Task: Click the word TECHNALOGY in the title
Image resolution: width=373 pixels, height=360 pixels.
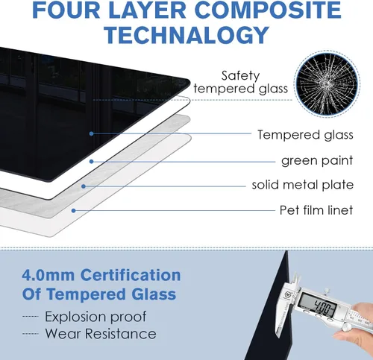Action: coord(186,35)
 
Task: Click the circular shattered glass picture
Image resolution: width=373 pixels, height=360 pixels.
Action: coord(327,83)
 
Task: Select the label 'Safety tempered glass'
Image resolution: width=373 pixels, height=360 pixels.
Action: coord(240,82)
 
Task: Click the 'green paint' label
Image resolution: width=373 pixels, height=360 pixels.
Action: coord(317,160)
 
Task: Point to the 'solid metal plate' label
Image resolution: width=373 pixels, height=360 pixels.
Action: coord(303,185)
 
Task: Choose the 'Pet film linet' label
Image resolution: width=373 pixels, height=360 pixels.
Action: coord(316,210)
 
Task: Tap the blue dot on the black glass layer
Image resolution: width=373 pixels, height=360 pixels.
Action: coord(92,133)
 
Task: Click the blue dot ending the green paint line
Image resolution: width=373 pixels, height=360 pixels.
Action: coord(92,162)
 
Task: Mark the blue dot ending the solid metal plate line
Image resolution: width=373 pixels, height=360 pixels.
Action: coord(84,186)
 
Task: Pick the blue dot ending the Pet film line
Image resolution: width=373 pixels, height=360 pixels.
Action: coord(73,211)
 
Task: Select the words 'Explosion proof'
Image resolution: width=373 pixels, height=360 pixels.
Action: coord(95,317)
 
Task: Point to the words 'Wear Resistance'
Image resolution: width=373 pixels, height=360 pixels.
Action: coord(101,333)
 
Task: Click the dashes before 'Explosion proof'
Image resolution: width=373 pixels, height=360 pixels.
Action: coord(31,317)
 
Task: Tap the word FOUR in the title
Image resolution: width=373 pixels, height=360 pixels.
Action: coord(66,10)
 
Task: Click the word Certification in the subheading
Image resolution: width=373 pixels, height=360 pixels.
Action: coord(131,275)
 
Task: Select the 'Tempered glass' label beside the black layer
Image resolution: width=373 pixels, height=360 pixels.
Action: coord(305,135)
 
